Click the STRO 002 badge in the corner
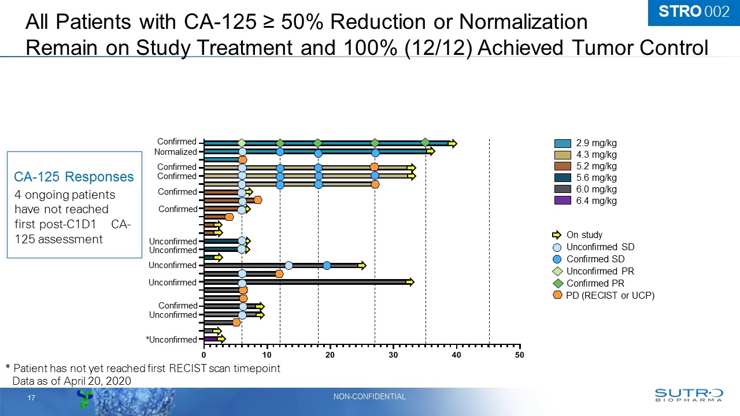[x=694, y=12]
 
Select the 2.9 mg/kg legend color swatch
[x=563, y=143]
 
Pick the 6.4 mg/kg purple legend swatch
[x=563, y=200]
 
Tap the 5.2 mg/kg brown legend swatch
[x=563, y=166]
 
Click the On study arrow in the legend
[x=557, y=235]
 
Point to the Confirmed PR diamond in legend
[x=557, y=283]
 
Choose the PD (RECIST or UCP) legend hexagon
[x=557, y=295]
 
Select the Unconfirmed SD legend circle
[x=557, y=247]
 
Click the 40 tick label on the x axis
[x=456, y=355]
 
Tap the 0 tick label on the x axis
[x=203, y=355]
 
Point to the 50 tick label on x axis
[x=519, y=355]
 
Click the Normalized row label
[x=175, y=152]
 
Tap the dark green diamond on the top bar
[x=425, y=143]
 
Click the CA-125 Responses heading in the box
[x=74, y=177]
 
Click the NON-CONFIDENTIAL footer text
[x=369, y=396]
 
